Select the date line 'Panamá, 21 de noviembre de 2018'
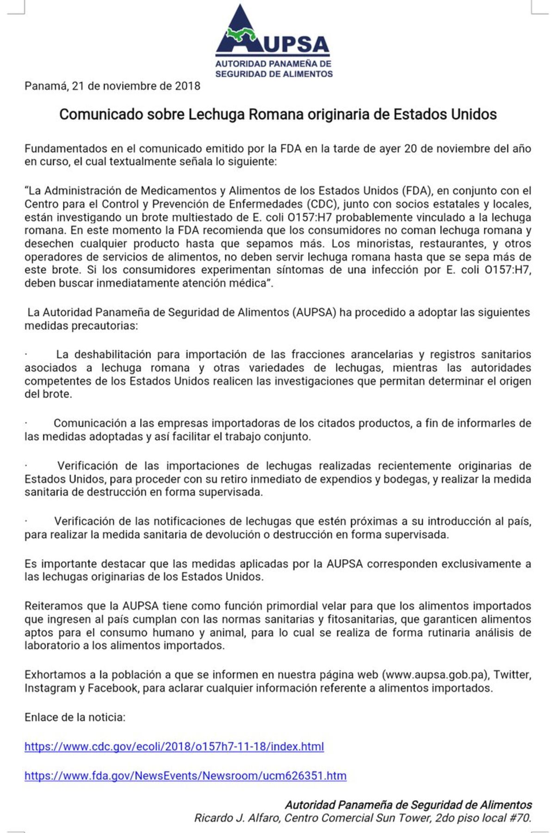click(112, 86)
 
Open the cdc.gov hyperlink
click(174, 746)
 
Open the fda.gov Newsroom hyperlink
click(185, 775)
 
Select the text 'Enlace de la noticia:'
click(75, 717)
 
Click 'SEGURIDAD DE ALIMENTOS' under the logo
click(274, 74)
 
